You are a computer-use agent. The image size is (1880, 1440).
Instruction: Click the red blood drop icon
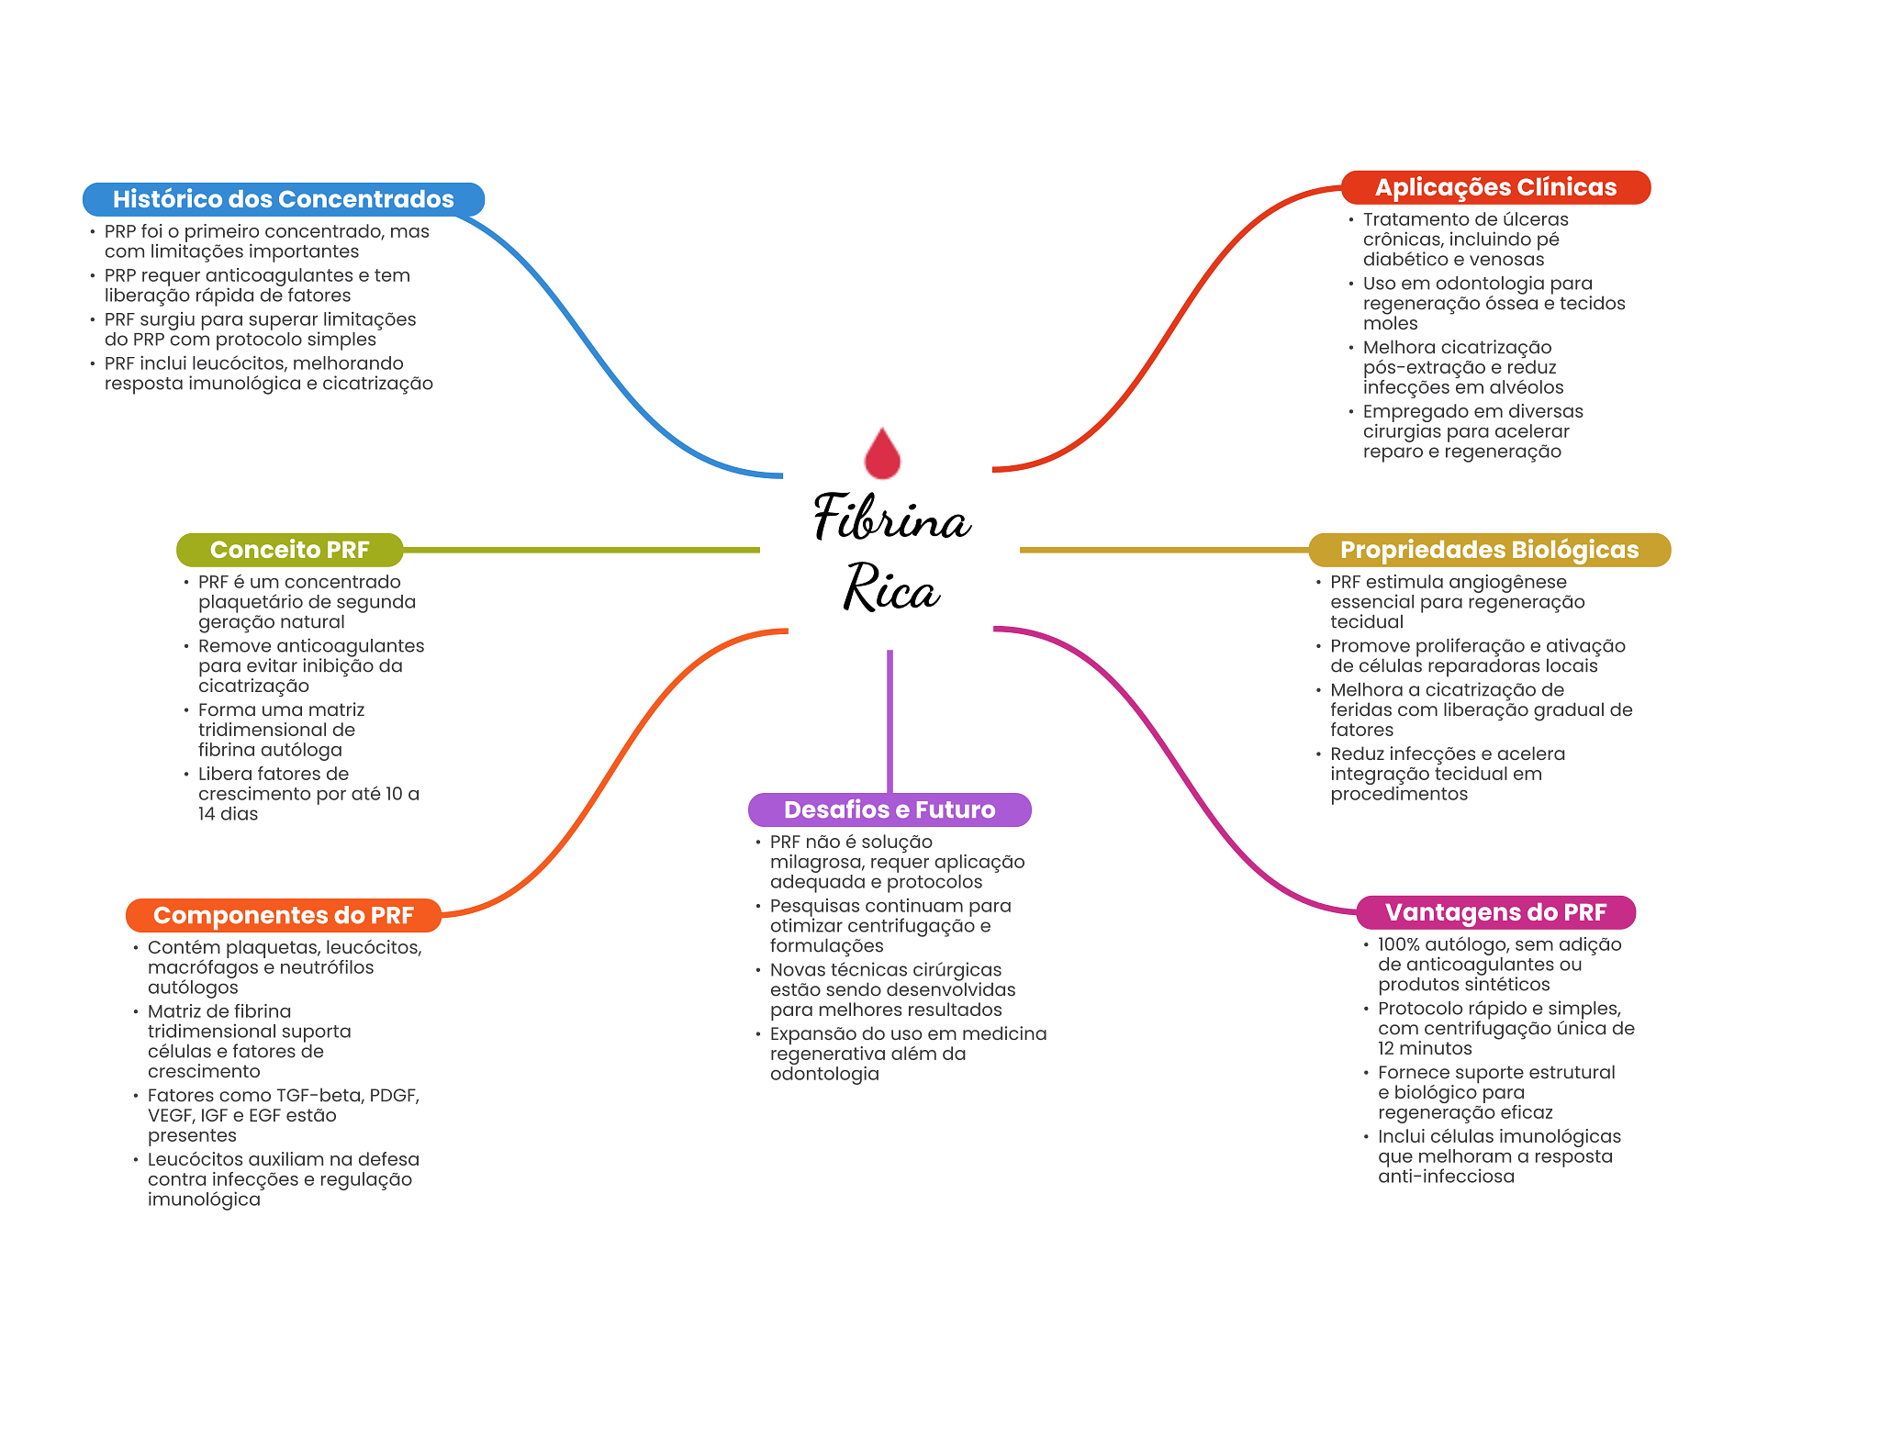882,453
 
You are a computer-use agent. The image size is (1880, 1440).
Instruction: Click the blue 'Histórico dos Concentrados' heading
284,199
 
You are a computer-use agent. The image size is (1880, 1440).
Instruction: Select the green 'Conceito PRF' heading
289,550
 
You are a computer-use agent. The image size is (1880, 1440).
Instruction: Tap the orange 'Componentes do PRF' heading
284,915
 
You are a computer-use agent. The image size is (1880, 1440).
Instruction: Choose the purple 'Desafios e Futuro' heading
890,809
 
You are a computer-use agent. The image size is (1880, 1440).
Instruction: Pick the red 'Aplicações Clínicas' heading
1495,187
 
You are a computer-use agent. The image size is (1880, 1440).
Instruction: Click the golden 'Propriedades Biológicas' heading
1489,550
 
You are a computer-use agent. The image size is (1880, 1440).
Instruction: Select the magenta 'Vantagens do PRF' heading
1495,912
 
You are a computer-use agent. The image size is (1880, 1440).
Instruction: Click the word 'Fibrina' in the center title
891,517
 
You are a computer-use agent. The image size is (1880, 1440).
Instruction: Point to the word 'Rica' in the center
891,587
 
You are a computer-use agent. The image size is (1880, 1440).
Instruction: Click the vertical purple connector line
890,721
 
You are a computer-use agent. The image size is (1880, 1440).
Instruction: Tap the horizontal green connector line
581,550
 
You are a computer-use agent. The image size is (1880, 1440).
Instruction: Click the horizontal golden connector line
1164,550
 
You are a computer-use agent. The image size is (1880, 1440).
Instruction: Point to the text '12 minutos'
1425,1048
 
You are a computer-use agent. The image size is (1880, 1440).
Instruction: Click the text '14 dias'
228,814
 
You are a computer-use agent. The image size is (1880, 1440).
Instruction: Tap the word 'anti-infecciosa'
1446,1177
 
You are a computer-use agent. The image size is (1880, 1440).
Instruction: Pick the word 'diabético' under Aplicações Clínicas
1402,260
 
